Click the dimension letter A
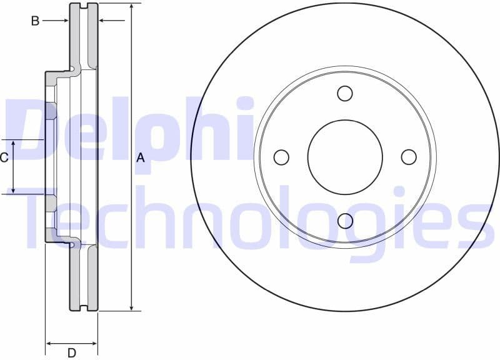(141, 158)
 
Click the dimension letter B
(36, 21)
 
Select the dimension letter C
(4, 157)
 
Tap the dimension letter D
(72, 353)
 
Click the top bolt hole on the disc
(345, 93)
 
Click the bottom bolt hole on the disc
(345, 221)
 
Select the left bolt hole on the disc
(281, 157)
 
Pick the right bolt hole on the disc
(409, 157)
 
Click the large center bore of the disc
(345, 157)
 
